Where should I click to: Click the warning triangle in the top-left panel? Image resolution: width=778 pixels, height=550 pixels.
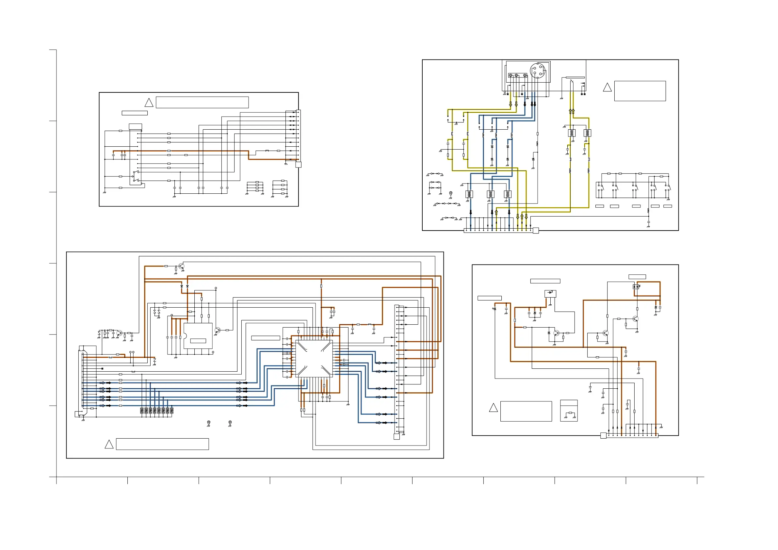tap(149, 103)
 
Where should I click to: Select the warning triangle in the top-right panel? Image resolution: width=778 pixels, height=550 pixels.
tap(607, 88)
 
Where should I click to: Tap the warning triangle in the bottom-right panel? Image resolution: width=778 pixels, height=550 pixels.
tap(494, 408)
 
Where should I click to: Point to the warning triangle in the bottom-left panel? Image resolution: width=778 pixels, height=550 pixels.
tap(109, 444)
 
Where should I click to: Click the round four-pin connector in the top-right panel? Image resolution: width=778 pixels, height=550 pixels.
tap(537, 71)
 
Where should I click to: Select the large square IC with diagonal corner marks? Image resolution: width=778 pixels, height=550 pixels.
tap(314, 359)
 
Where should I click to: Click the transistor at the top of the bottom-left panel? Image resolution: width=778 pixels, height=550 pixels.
tap(181, 267)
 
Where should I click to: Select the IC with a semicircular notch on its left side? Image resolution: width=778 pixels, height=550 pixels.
tap(198, 335)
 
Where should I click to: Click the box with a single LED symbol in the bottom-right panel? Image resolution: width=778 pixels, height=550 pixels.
tap(550, 293)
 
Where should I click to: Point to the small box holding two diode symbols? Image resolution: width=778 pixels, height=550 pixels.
tap(636, 287)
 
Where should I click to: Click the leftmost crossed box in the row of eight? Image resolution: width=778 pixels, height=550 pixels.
tap(142, 411)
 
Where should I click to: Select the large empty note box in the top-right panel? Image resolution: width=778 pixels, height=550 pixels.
tap(640, 91)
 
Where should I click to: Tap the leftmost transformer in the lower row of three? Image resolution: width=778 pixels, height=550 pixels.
tap(469, 194)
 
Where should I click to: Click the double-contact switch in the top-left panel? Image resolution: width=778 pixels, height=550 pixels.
tap(136, 177)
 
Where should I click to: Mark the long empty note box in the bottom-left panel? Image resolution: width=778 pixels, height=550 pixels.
tap(162, 444)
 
